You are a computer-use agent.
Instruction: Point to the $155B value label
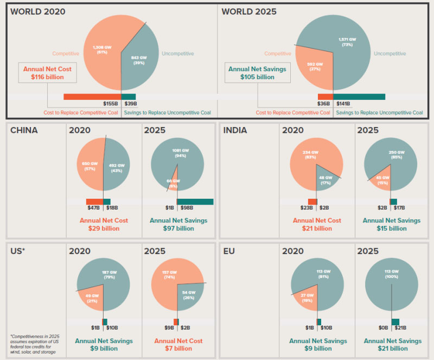click(111, 104)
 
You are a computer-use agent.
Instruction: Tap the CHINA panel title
click(24, 131)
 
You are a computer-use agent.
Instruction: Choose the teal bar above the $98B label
click(195, 201)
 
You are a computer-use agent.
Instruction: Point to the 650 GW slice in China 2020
click(89, 165)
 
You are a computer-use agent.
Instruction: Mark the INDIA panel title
click(235, 131)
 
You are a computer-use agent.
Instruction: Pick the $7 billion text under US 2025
click(178, 348)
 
